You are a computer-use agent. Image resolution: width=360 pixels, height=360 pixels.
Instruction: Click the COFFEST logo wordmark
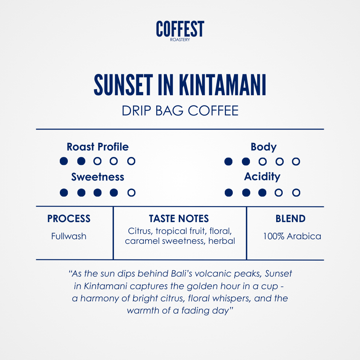point(180,29)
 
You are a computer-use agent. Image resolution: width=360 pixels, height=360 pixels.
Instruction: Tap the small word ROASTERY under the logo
point(180,40)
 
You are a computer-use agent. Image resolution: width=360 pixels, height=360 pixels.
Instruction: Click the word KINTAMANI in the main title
point(222,85)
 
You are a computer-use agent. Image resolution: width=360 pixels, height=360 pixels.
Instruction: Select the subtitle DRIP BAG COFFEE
point(180,110)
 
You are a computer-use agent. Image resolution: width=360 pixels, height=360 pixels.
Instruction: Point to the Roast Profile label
point(98,147)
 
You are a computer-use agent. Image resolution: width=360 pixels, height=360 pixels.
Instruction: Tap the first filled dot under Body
point(229,162)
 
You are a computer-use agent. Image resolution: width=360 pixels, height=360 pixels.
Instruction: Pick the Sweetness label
point(98,177)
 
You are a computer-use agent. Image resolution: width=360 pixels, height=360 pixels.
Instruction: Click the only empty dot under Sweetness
point(131,192)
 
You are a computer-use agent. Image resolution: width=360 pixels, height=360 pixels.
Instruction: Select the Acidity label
point(262,177)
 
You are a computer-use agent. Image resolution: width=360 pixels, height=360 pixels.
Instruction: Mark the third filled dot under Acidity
point(262,192)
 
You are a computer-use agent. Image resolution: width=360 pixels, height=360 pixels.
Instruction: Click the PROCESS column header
point(69,219)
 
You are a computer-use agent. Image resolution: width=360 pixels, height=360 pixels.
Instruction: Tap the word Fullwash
point(69,236)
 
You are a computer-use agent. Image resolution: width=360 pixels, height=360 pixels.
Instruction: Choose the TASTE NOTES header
point(179,219)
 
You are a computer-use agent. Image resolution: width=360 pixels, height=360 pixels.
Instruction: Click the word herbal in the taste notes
point(222,241)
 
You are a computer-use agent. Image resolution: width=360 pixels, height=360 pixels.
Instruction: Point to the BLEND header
point(290,219)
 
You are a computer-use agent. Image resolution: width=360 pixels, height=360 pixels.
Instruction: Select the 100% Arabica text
point(292,236)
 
